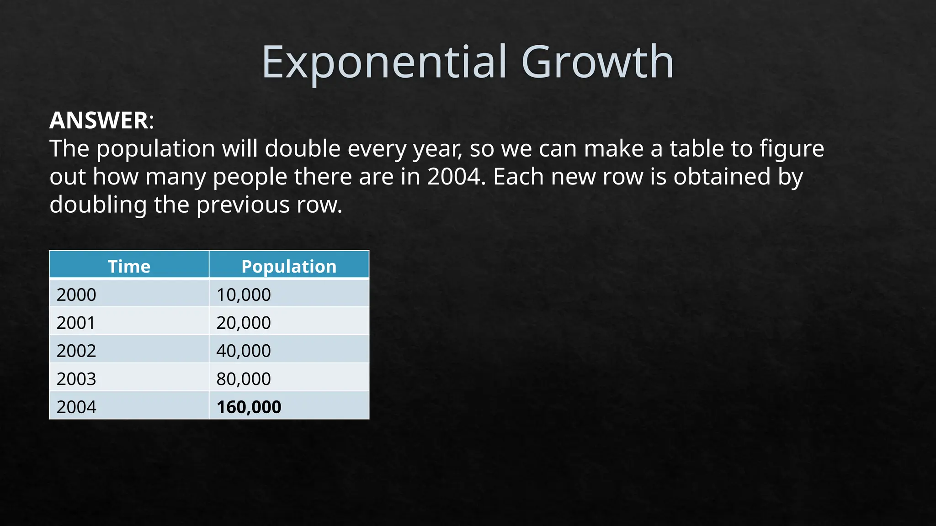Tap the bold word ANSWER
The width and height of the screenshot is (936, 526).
(98, 121)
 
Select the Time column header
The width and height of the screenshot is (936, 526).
(129, 266)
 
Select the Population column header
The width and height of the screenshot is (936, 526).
(289, 266)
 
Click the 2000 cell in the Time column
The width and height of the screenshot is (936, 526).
(76, 295)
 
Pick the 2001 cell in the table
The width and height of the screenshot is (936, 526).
(76, 323)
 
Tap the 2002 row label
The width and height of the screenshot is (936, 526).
(76, 351)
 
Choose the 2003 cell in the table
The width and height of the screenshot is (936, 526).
(76, 379)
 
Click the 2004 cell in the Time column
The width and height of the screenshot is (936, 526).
(76, 407)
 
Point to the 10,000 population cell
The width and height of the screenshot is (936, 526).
(244, 295)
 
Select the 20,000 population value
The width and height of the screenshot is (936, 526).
(244, 323)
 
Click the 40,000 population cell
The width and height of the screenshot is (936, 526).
(244, 351)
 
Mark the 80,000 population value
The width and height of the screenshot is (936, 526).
(244, 379)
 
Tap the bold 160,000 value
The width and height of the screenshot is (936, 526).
(249, 407)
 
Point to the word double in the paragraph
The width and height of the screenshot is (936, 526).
(303, 149)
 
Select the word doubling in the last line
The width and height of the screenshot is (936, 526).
(98, 205)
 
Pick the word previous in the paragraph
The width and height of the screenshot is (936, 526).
(243, 205)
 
